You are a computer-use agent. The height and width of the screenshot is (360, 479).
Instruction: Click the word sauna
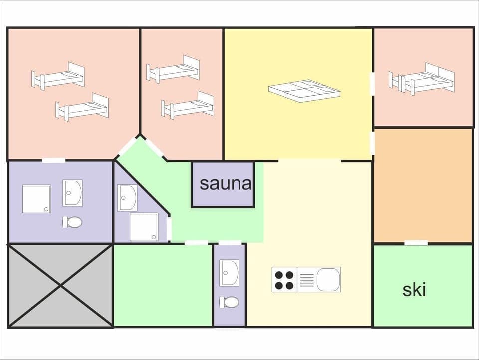(226, 183)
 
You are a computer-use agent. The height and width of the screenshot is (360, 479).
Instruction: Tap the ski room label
(414, 290)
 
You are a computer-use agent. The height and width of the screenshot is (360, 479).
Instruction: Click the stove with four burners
(284, 280)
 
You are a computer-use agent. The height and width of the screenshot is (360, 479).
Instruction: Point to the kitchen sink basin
(328, 279)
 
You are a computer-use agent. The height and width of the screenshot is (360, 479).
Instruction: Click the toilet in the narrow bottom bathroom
(230, 302)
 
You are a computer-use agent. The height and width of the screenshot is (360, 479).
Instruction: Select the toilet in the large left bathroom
(73, 222)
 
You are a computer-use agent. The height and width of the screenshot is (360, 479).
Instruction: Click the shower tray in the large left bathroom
(36, 199)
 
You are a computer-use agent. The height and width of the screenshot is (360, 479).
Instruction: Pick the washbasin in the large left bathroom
(73, 192)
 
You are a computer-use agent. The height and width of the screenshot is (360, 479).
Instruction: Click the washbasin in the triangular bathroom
(127, 197)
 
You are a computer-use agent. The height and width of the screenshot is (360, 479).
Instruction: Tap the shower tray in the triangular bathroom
(144, 227)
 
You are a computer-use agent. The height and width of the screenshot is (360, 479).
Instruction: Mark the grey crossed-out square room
(60, 286)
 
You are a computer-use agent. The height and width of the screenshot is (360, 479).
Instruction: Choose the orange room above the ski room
(423, 185)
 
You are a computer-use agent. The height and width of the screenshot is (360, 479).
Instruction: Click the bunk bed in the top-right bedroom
(422, 79)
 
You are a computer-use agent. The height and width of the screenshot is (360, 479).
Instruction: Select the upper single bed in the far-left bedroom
(59, 75)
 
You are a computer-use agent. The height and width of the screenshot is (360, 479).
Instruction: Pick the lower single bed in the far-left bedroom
(82, 106)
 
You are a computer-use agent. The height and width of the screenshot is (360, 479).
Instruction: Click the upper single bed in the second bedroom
(173, 69)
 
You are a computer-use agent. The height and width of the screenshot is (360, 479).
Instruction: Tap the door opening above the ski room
(416, 243)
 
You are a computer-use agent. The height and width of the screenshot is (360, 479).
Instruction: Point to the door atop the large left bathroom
(53, 160)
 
